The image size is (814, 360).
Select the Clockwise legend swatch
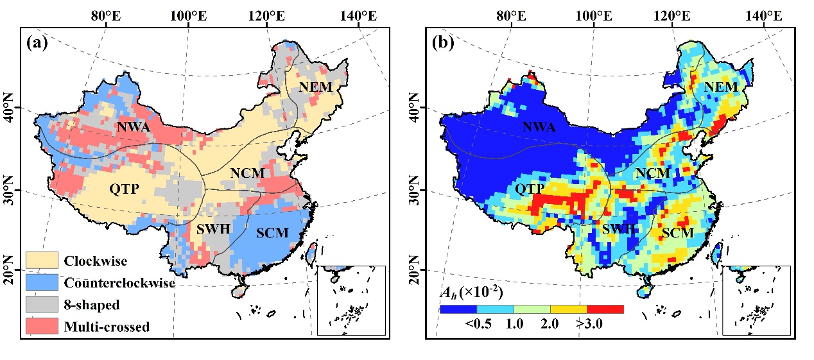click(42, 261)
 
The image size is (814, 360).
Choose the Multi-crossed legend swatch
click(42, 326)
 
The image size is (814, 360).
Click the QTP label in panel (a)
click(125, 189)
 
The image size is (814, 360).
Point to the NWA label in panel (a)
click(133, 127)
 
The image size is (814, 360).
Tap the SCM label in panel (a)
click(272, 232)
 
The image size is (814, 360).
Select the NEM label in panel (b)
click(720, 87)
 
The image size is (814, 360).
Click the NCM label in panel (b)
click(653, 173)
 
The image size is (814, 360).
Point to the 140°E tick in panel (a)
click(363, 14)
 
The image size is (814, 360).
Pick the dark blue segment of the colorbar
click(458, 309)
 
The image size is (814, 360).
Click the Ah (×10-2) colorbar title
click(471, 293)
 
